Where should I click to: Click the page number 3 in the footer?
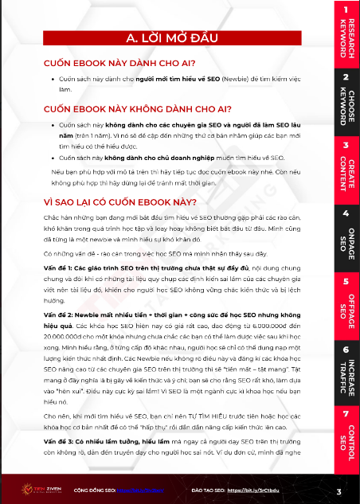click(338, 491)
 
